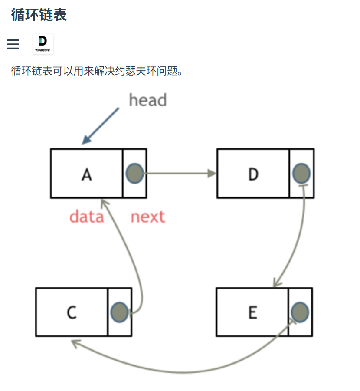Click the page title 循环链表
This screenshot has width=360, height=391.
pyautogui.click(x=39, y=15)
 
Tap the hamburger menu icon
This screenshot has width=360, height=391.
pyautogui.click(x=13, y=44)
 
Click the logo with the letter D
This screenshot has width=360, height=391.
pyautogui.click(x=43, y=44)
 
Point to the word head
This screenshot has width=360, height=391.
pyautogui.click(x=147, y=100)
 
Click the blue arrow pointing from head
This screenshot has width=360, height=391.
pyautogui.click(x=101, y=126)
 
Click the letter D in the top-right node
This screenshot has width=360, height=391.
pyautogui.click(x=253, y=174)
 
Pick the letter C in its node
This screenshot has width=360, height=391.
pyautogui.click(x=72, y=312)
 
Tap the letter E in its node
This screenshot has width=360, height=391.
pyautogui.click(x=252, y=312)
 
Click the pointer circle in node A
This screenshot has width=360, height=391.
pyautogui.click(x=134, y=173)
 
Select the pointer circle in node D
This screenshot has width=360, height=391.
pyautogui.click(x=301, y=173)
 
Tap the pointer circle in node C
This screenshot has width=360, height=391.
pyautogui.click(x=119, y=312)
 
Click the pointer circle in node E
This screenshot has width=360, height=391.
pyautogui.click(x=300, y=312)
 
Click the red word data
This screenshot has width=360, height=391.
pyautogui.click(x=87, y=217)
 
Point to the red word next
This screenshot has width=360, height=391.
pyautogui.click(x=148, y=217)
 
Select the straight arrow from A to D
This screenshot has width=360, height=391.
pyautogui.click(x=180, y=174)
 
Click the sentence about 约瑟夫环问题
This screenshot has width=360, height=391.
pyautogui.click(x=97, y=71)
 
